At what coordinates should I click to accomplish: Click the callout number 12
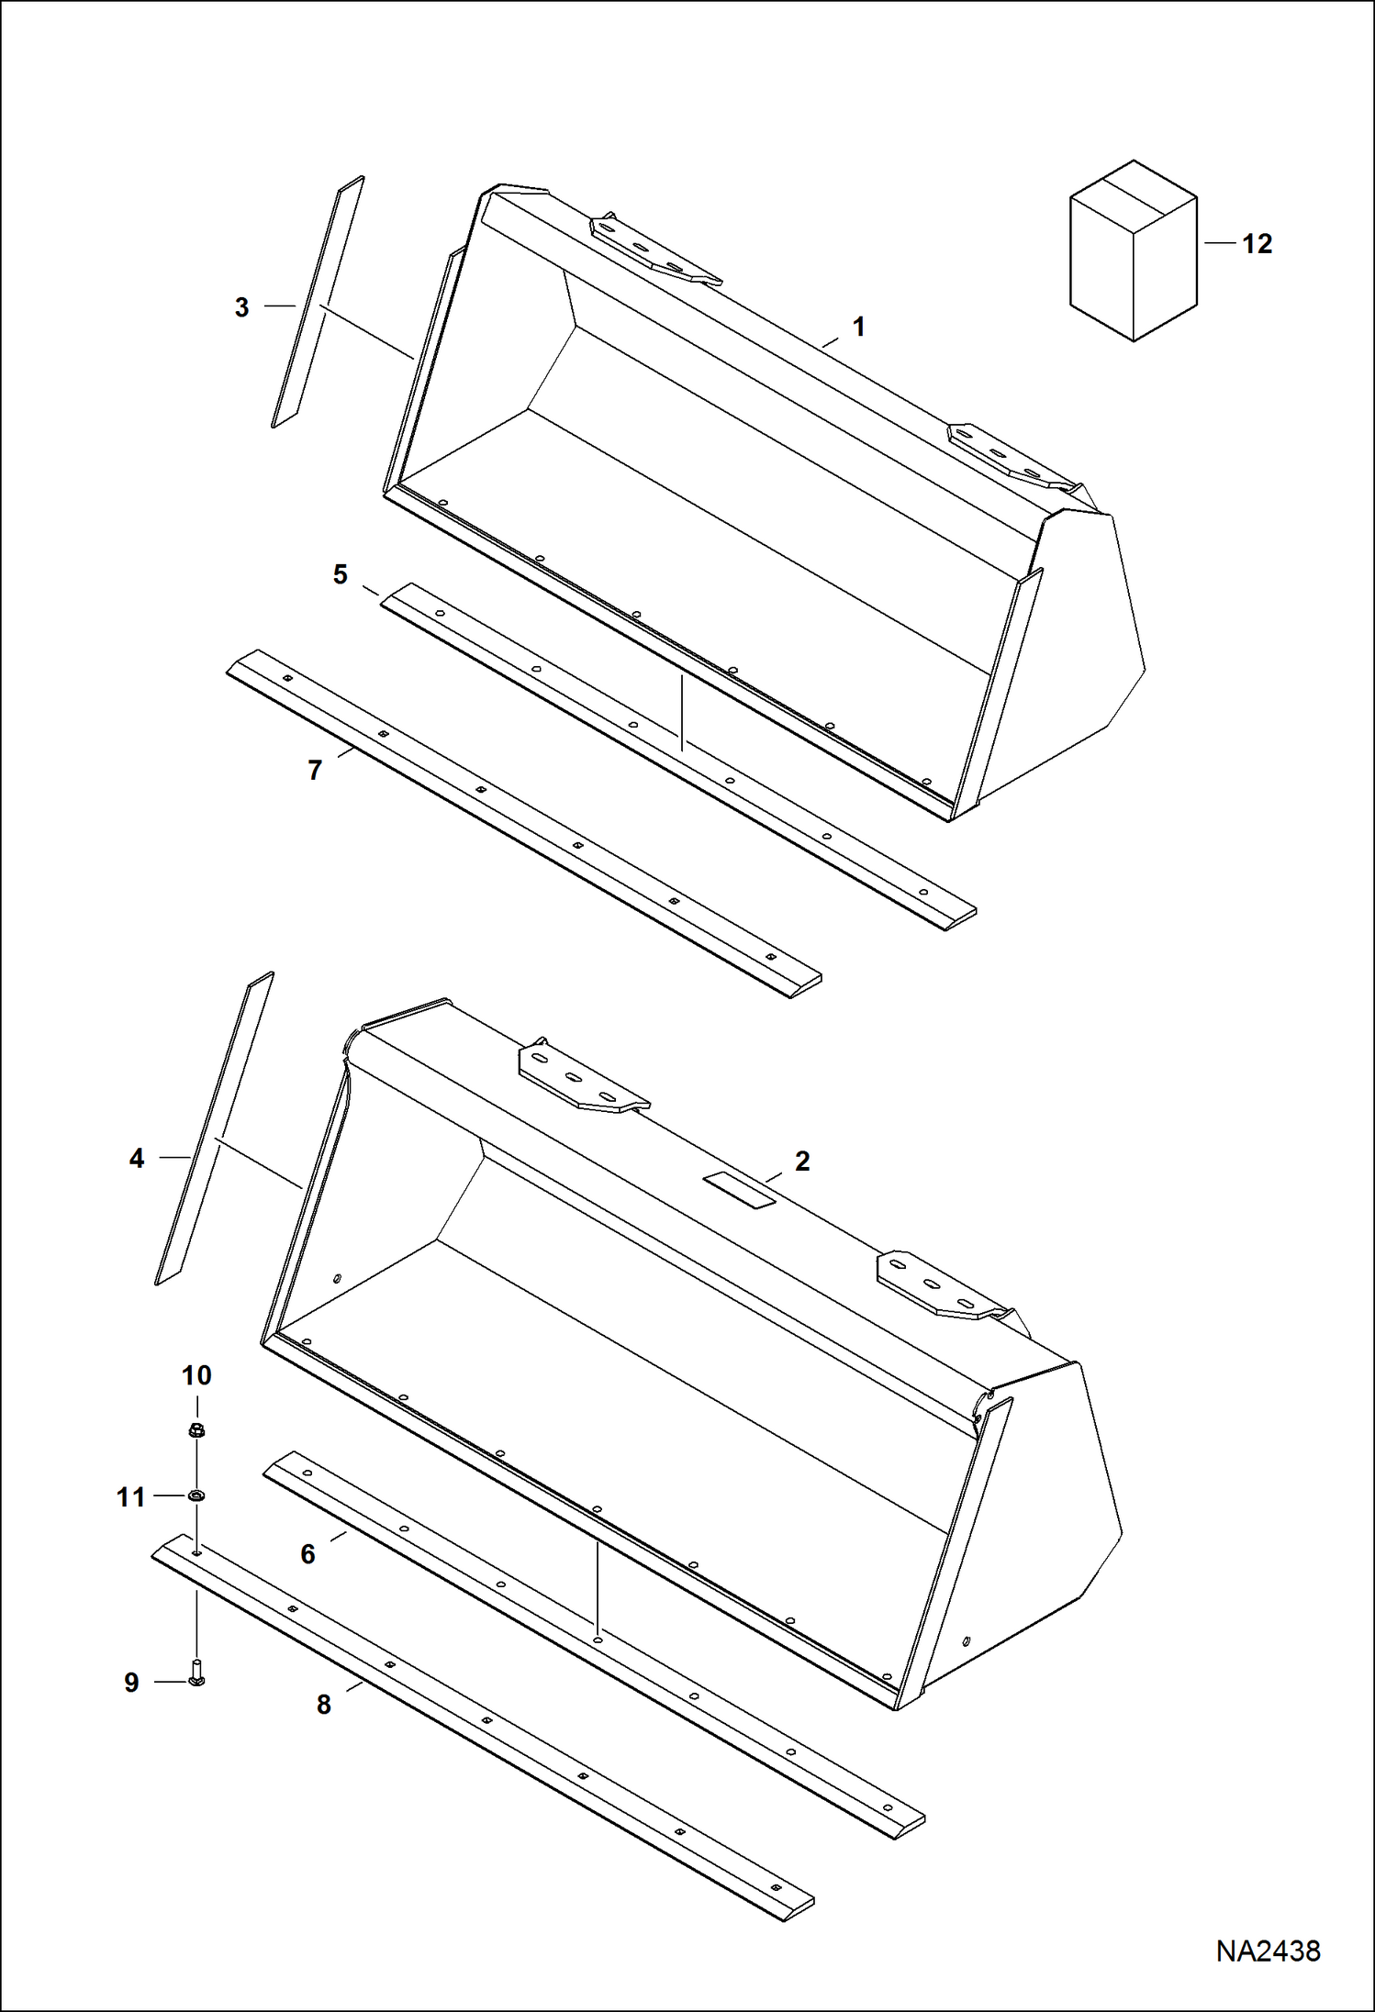[1257, 245]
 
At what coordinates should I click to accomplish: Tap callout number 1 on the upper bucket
[858, 327]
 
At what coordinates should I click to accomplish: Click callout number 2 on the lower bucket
[802, 1162]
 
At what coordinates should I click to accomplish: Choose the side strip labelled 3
[318, 303]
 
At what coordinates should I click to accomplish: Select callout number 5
[341, 575]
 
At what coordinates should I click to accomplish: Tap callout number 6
[308, 1554]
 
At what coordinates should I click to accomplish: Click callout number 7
[315, 770]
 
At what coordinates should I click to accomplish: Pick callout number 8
[323, 1705]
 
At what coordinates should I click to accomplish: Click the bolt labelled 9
[196, 1673]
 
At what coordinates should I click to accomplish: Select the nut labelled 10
[196, 1430]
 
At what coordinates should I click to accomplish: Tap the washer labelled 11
[196, 1496]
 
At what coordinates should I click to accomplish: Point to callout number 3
[241, 308]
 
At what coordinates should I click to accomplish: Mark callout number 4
[137, 1159]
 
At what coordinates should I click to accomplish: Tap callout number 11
[131, 1497]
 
